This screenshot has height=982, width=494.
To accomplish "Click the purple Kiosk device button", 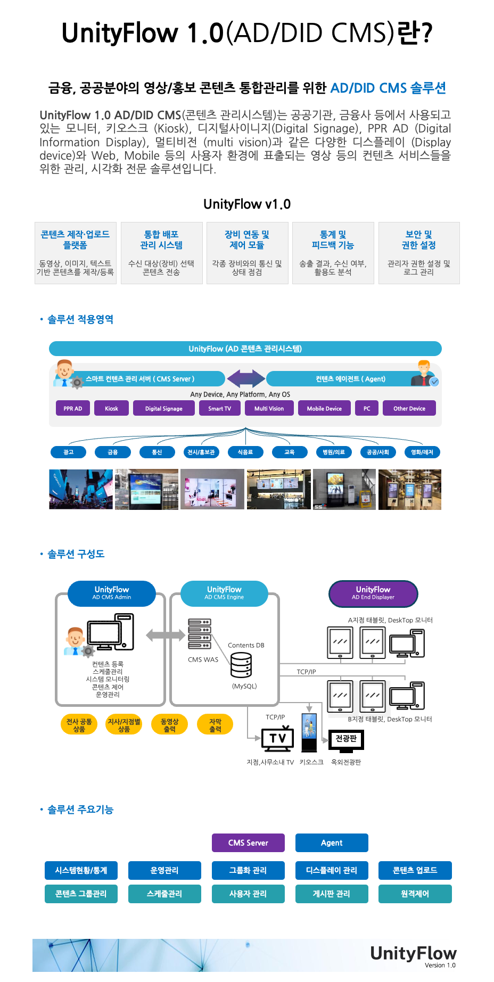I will pos(111,408).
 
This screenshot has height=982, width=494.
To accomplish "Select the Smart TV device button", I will pos(219,408).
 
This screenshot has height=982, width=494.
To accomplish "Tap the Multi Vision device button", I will pos(269,408).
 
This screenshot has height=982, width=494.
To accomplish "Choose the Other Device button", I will pos(409,408).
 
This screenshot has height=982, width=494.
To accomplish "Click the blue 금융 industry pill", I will pos(112,452).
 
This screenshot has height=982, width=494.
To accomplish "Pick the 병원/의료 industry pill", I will pos(334,452).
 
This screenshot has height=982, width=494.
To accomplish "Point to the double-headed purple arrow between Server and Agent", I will pos(245,378).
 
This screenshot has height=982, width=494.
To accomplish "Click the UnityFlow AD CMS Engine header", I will pos(224,593).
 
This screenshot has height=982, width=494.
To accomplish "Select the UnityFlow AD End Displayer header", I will pos(373,593).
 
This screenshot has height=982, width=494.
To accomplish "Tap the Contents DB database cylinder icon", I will pos(241,665).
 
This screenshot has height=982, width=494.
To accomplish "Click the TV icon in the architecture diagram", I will pos(277,738).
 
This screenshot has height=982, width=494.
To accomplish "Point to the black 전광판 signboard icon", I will pos(346,739).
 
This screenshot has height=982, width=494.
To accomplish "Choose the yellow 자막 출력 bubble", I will pos(215,724).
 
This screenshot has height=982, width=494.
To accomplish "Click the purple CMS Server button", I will pos(248,843).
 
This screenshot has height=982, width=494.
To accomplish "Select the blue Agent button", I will pos(332,843).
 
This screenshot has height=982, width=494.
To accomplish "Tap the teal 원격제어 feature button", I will pos(415,894).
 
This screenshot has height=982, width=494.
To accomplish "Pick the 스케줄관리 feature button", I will pos(164,894).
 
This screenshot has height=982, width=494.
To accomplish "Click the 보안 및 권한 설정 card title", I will pos(419,240).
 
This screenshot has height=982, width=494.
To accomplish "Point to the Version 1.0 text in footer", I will pos(440,965).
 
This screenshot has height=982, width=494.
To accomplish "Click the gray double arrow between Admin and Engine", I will pos(166,634).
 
